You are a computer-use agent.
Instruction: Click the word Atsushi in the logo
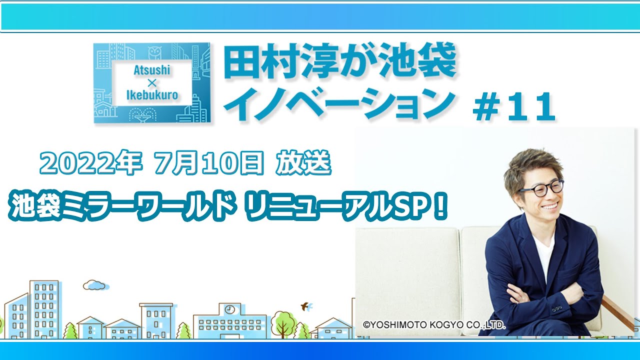pos(151,70)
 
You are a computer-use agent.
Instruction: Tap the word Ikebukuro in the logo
pos(152,95)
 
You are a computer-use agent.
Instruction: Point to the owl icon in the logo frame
pos(155,53)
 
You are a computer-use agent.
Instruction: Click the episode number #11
pos(513,107)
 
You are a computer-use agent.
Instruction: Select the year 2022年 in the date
pos(91,162)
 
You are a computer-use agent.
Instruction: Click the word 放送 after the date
pos(303,162)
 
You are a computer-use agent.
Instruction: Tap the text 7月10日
pos(208,162)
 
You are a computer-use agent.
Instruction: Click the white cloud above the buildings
pos(95,285)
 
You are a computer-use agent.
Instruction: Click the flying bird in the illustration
pos(307,306)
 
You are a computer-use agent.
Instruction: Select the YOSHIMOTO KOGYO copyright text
pos(433,325)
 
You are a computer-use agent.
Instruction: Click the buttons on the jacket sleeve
pos(556,309)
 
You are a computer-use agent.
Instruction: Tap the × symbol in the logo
pos(152,83)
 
